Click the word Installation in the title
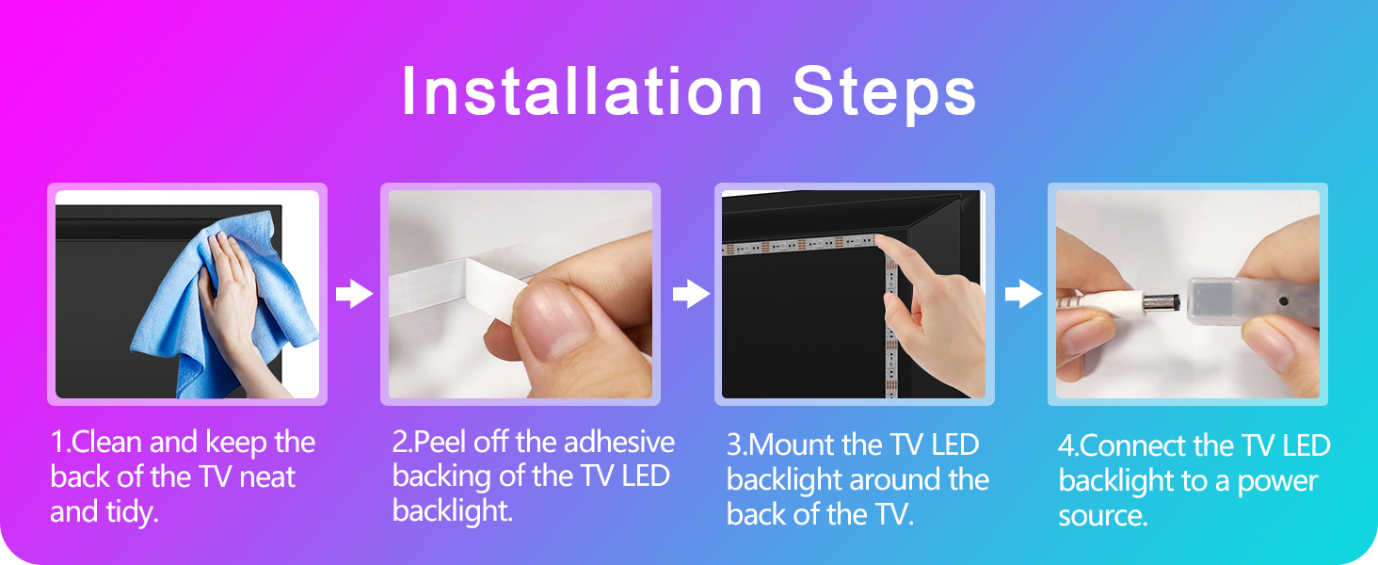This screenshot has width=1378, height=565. point(581,92)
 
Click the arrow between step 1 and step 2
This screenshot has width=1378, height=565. point(354,295)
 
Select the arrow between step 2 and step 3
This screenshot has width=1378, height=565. point(690,295)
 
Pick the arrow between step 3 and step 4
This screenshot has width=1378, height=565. point(1023,295)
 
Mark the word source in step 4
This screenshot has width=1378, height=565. point(1102,516)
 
